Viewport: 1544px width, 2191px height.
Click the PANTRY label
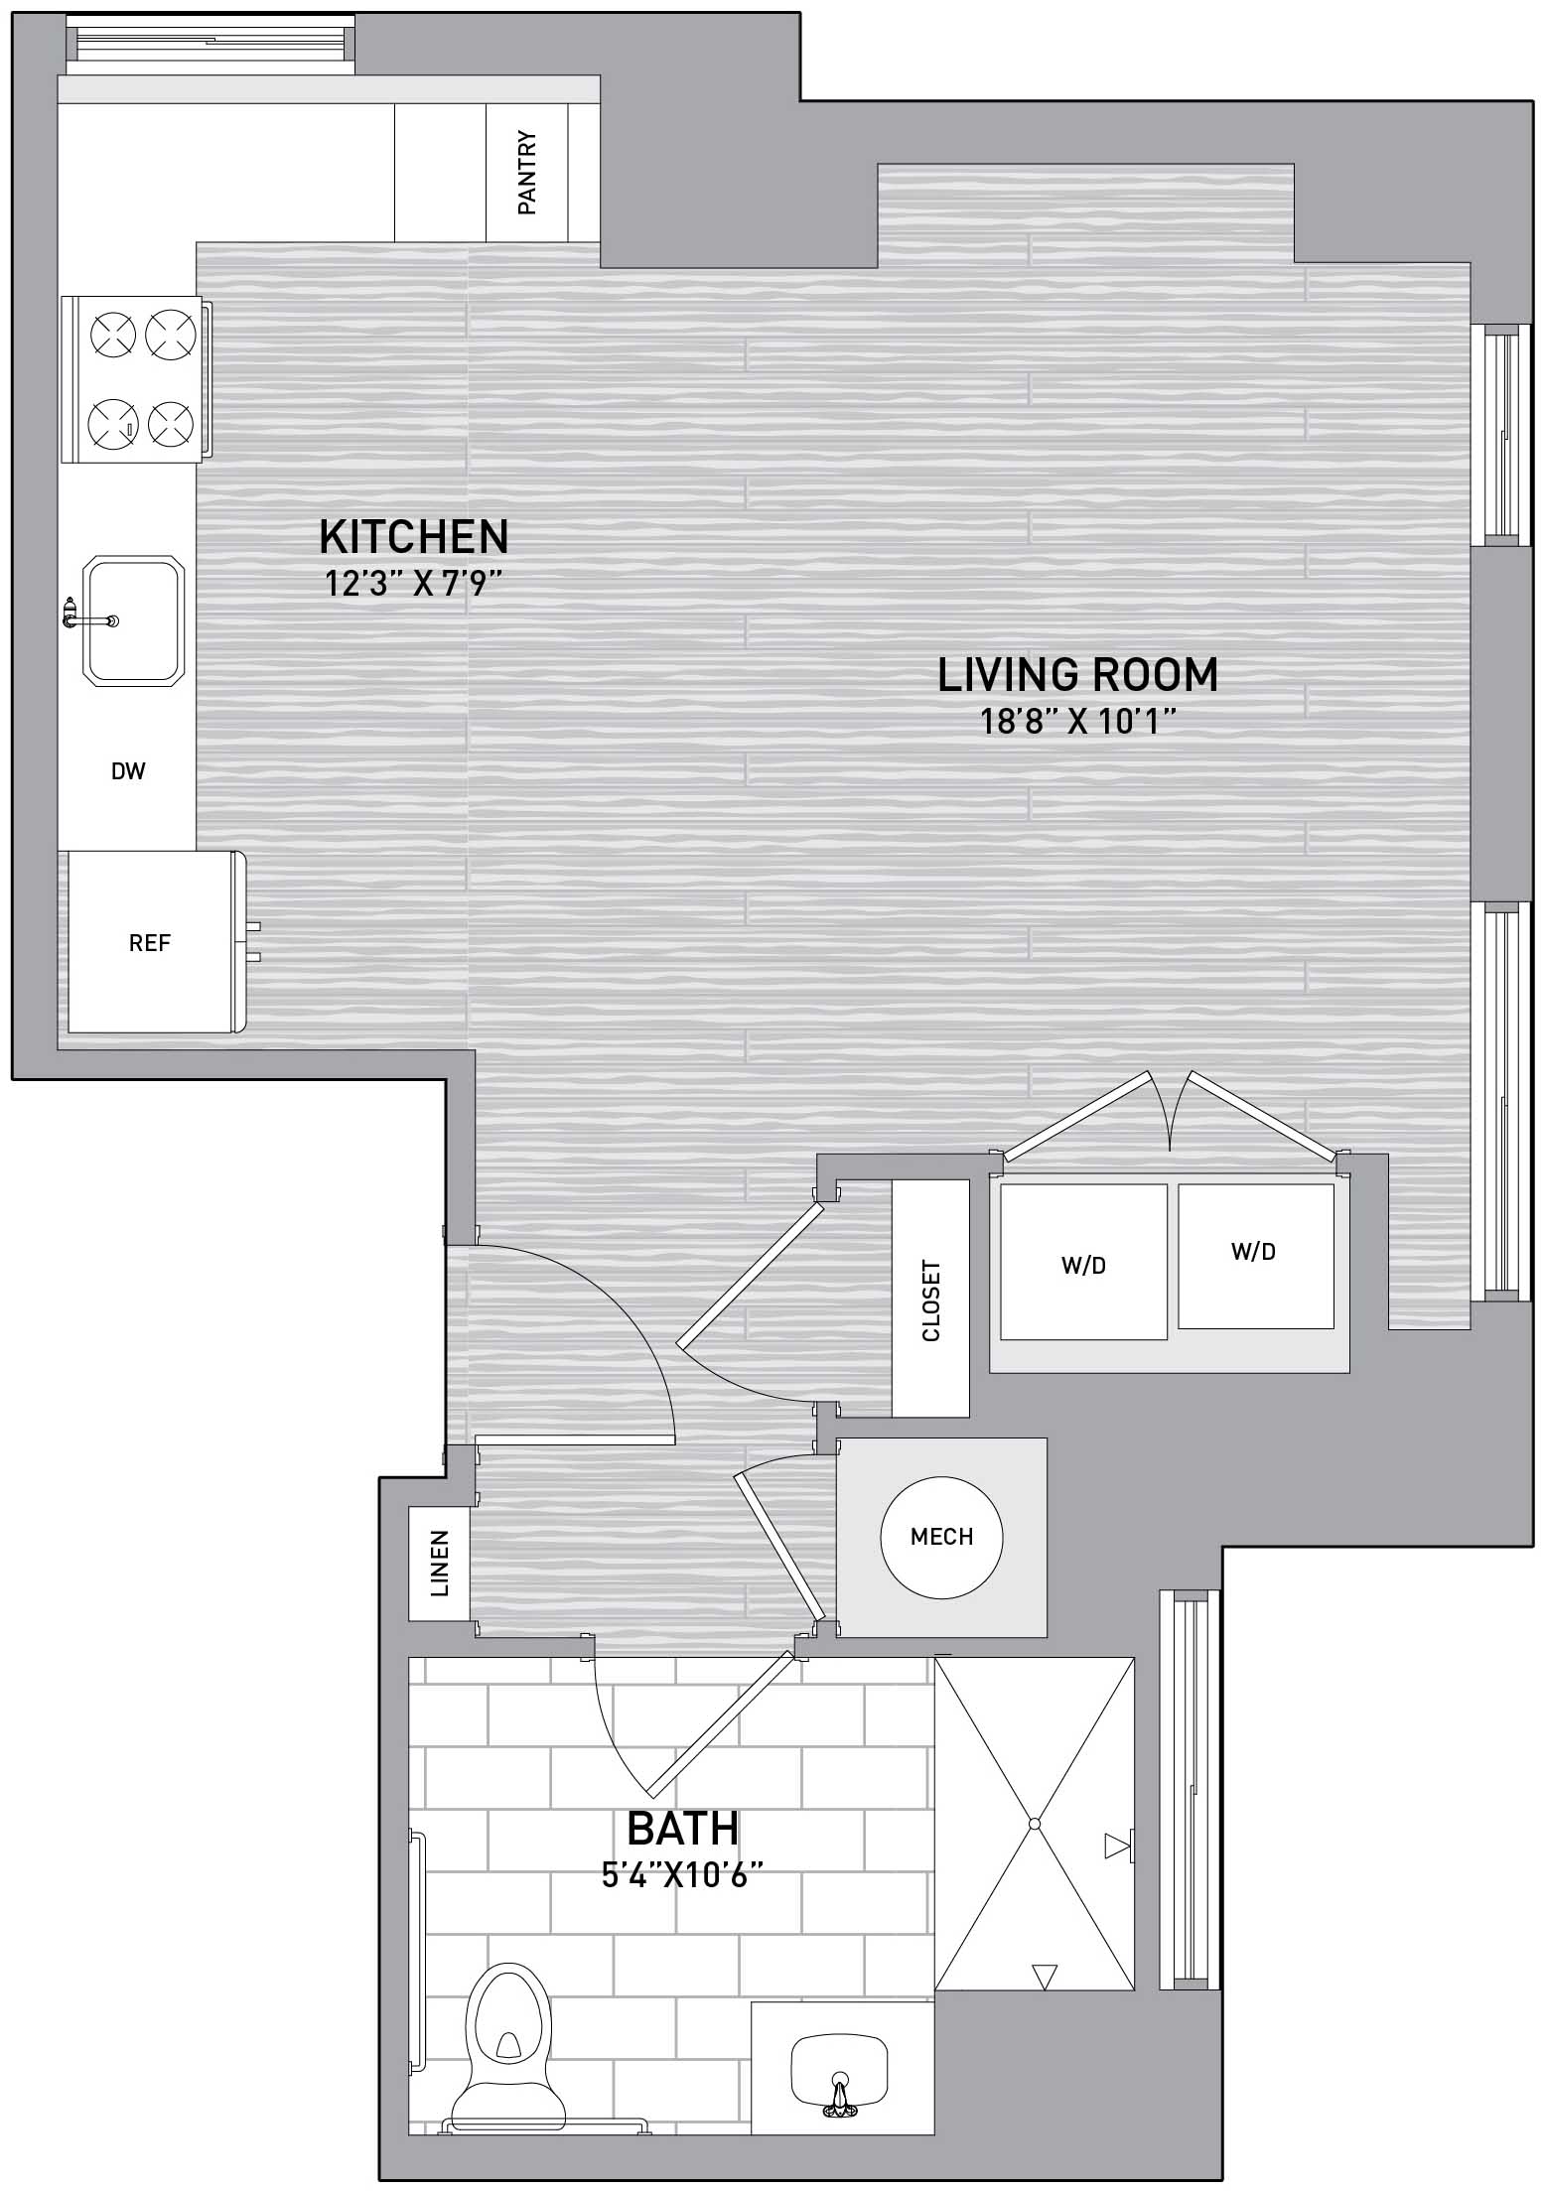pyautogui.click(x=527, y=173)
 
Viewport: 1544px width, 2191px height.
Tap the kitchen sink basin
pyautogui.click(x=133, y=620)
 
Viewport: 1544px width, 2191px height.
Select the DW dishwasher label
pyautogui.click(x=129, y=770)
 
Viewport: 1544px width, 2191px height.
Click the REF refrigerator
pyautogui.click(x=151, y=941)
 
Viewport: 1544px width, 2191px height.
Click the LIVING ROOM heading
pyautogui.click(x=1078, y=675)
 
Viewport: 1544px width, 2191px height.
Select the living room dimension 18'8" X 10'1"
pyautogui.click(x=1078, y=722)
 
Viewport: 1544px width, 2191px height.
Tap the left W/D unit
pyautogui.click(x=1083, y=1262)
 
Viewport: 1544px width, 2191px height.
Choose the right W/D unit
pyautogui.click(x=1256, y=1255)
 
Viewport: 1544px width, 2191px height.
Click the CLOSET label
pyautogui.click(x=931, y=1301)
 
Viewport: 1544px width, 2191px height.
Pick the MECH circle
pyautogui.click(x=941, y=1537)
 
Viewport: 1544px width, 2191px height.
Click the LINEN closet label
pyautogui.click(x=439, y=1564)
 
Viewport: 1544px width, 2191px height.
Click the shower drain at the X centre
pyautogui.click(x=1034, y=1823)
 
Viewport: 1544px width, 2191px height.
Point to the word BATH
pyautogui.click(x=683, y=1828)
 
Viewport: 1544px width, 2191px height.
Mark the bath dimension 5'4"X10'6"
pyautogui.click(x=683, y=1875)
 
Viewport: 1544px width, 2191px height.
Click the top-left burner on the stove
pyautogui.click(x=112, y=335)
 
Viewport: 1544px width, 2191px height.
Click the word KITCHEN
pyautogui.click(x=414, y=537)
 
